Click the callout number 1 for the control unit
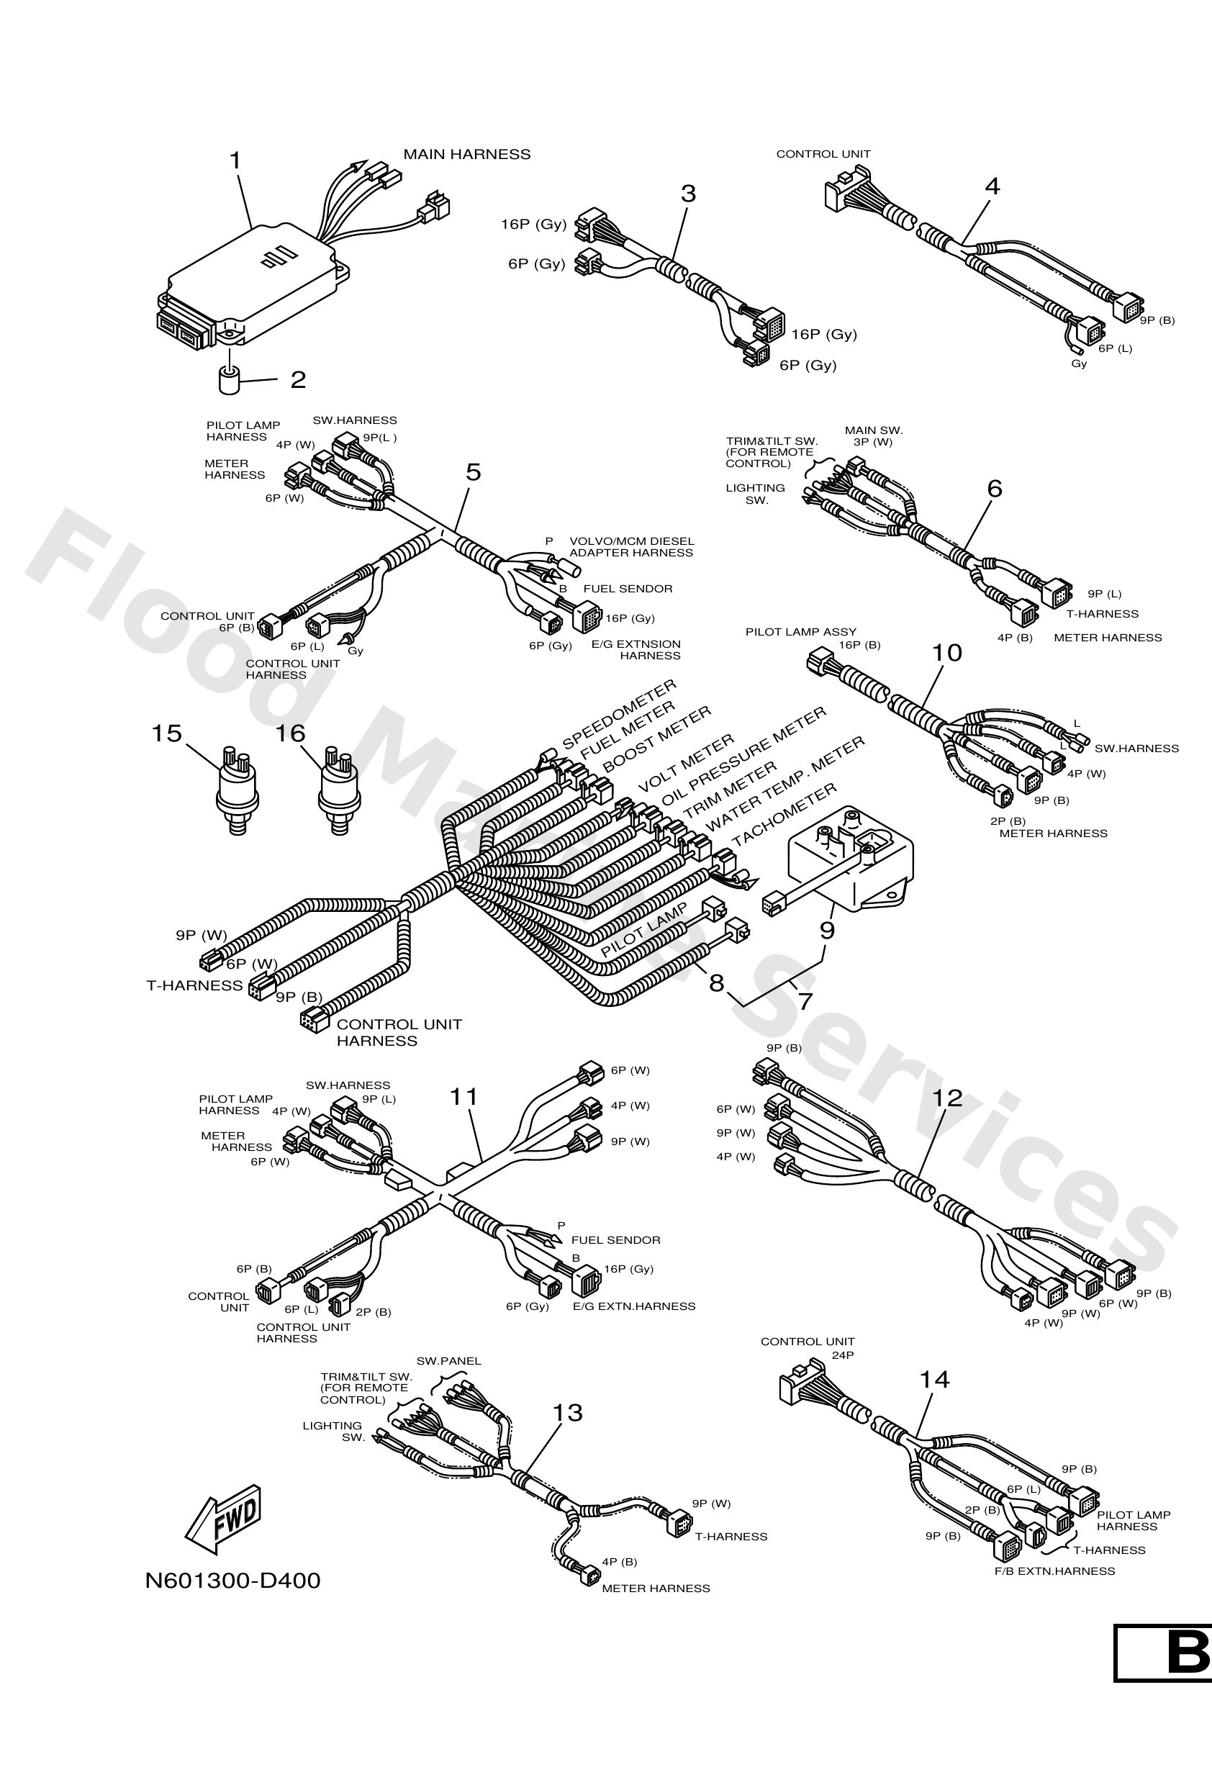click(x=236, y=161)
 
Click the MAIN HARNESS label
click(x=466, y=154)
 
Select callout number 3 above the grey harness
click(x=687, y=194)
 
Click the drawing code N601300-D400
click(x=232, y=1580)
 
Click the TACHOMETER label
click(x=784, y=815)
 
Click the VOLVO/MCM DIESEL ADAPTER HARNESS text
click(x=630, y=547)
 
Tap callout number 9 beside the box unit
click(x=826, y=930)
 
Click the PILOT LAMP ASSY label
click(x=800, y=631)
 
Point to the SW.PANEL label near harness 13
click(x=448, y=1360)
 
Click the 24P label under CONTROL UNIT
click(x=843, y=1355)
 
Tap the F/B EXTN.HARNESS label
click(x=1054, y=1571)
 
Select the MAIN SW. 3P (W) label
click(x=873, y=436)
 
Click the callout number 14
click(x=934, y=1380)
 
